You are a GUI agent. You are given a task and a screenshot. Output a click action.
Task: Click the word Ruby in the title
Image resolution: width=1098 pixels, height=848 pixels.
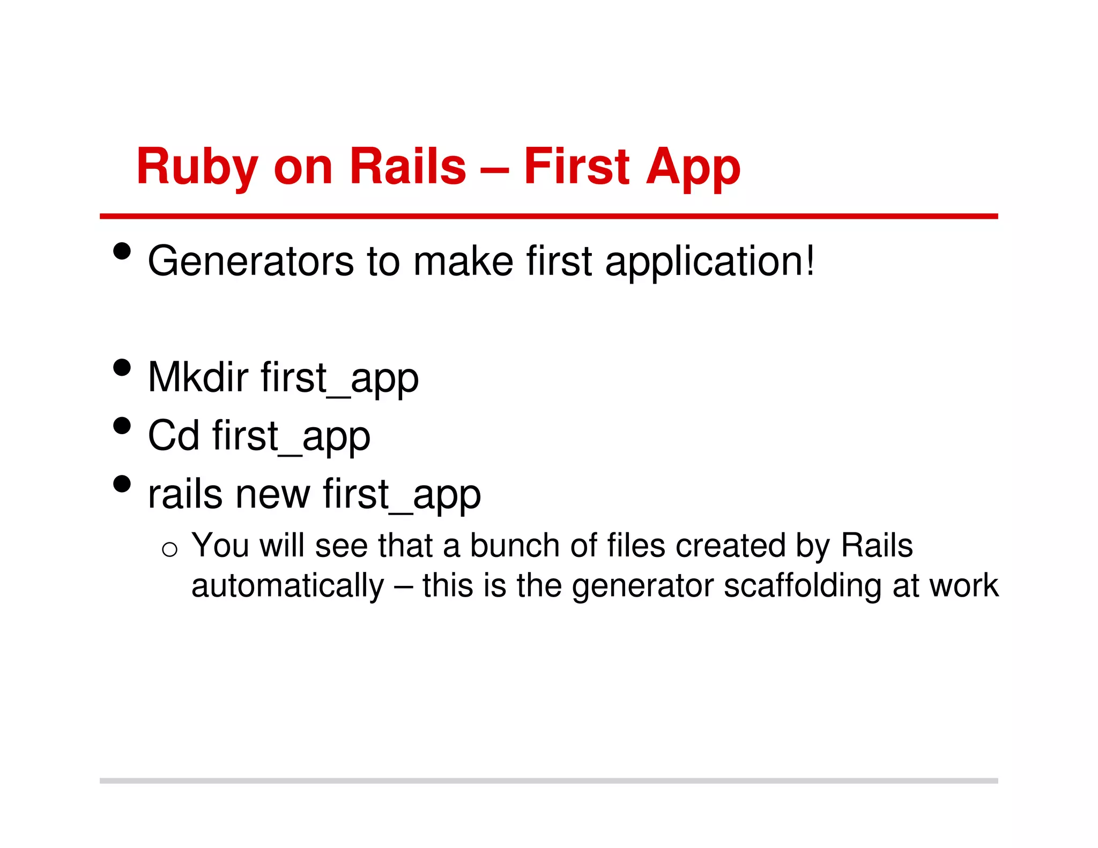click(x=197, y=167)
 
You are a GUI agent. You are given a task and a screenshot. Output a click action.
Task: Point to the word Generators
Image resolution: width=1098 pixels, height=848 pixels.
click(x=250, y=261)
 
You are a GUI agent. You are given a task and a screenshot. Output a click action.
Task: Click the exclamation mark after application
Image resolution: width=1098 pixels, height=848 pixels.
click(x=809, y=260)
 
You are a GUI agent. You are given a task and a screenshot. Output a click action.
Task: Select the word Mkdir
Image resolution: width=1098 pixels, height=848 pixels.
click(x=198, y=377)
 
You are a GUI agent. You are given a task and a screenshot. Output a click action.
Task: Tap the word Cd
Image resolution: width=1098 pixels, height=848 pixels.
click(x=173, y=435)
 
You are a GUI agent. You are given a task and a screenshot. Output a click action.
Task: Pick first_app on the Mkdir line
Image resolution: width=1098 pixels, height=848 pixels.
click(x=340, y=378)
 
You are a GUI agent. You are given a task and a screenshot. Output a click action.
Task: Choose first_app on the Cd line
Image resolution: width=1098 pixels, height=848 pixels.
click(x=291, y=436)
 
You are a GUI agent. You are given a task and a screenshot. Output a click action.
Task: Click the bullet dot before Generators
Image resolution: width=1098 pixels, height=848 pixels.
click(x=122, y=251)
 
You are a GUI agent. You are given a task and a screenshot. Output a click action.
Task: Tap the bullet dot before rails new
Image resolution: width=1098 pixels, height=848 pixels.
click(x=122, y=483)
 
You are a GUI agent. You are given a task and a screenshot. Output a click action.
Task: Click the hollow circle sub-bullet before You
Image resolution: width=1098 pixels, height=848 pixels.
click(x=169, y=549)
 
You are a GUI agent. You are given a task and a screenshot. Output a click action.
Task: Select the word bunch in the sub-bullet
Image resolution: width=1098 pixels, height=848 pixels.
click(x=515, y=546)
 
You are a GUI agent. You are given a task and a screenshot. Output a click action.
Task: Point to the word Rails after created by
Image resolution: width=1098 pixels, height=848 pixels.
click(x=877, y=546)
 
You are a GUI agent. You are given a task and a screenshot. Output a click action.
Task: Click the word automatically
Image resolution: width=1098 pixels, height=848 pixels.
click(x=288, y=585)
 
